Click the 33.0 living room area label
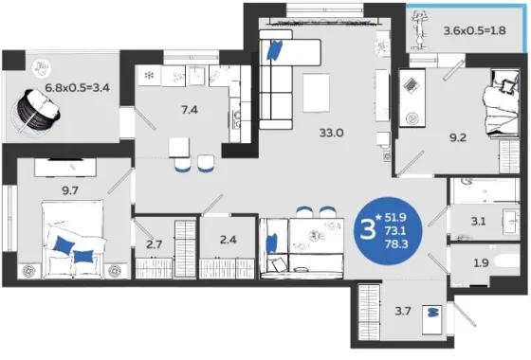click(331, 133)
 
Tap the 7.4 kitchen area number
click(190, 110)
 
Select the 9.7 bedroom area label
click(70, 190)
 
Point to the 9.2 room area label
click(458, 137)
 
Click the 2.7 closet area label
click(154, 244)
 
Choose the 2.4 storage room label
click(228, 240)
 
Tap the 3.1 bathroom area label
click(478, 222)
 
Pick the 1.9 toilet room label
click(481, 262)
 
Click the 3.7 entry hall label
click(403, 311)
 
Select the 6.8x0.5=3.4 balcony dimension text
click(77, 88)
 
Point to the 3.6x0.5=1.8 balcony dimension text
click(475, 30)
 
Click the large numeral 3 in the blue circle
click(368, 229)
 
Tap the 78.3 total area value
click(396, 243)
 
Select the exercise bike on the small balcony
click(419, 29)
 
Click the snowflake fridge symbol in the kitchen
click(149, 75)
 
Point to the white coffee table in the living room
click(316, 93)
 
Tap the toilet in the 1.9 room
click(507, 262)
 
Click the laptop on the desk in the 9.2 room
click(412, 84)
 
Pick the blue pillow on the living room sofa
click(274, 50)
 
